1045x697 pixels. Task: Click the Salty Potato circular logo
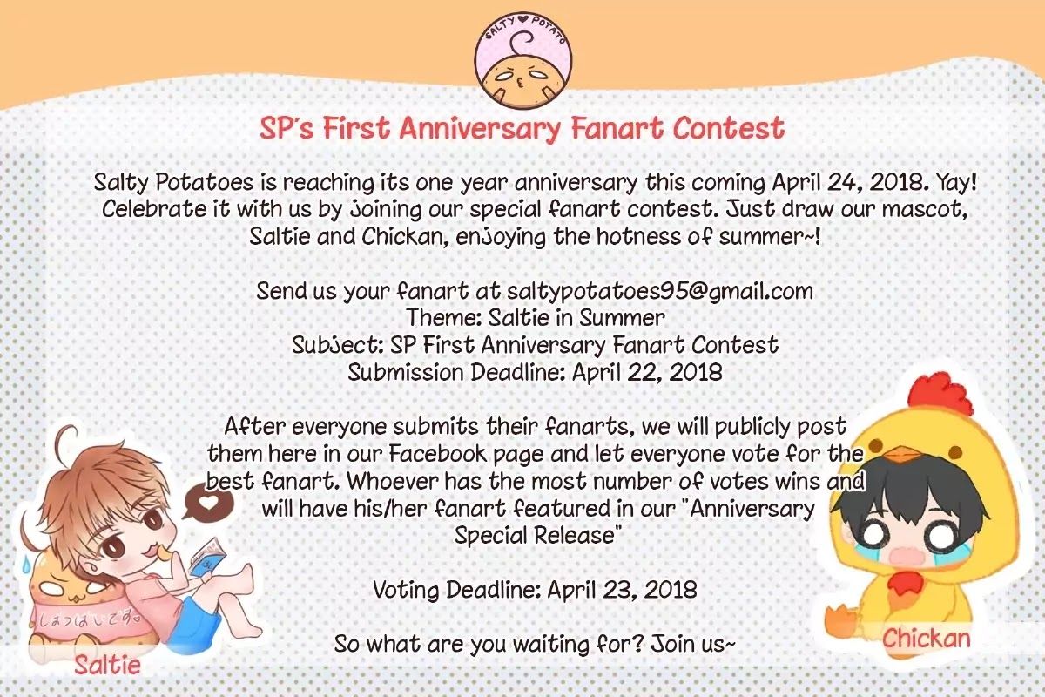click(523, 60)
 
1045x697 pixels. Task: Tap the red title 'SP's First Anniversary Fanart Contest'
click(522, 128)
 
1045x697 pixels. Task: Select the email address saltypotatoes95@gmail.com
click(660, 291)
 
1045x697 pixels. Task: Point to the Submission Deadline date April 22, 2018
click(648, 373)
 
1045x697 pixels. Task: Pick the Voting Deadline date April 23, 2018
click(623, 590)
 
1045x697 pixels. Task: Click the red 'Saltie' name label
click(107, 664)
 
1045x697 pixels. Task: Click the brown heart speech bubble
click(207, 502)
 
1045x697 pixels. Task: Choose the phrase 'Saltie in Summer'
click(576, 318)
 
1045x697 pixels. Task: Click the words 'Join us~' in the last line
click(693, 644)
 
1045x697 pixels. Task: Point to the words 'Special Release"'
click(539, 535)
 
